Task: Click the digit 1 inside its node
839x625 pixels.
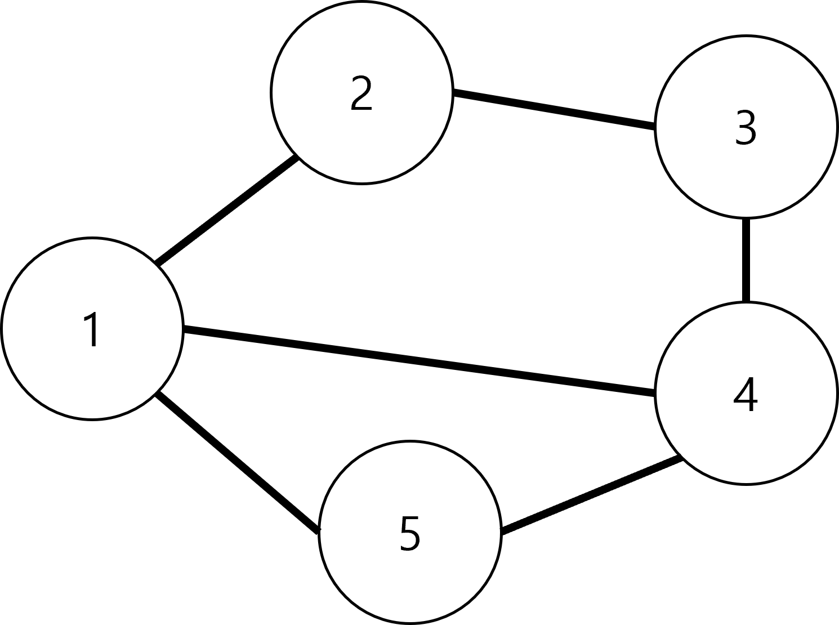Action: [92, 329]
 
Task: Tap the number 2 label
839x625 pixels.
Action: [362, 93]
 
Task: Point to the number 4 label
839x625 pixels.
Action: [746, 394]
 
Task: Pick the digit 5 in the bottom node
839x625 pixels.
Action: [410, 534]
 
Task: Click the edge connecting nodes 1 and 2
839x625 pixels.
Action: [227, 211]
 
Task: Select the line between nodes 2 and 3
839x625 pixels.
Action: [554, 110]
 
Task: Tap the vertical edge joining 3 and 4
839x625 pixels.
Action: [746, 260]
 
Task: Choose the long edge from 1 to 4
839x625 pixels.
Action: [419, 361]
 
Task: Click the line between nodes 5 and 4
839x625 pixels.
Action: [591, 495]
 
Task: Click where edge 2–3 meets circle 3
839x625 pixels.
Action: [655, 126]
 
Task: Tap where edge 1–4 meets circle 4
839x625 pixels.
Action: [655, 392]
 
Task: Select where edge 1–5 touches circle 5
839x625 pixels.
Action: [319, 531]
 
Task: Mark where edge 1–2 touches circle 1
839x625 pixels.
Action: [157, 264]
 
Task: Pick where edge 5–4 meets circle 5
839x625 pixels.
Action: [501, 531]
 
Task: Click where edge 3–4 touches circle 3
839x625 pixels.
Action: [746, 218]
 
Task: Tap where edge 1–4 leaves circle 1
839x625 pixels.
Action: [183, 329]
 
